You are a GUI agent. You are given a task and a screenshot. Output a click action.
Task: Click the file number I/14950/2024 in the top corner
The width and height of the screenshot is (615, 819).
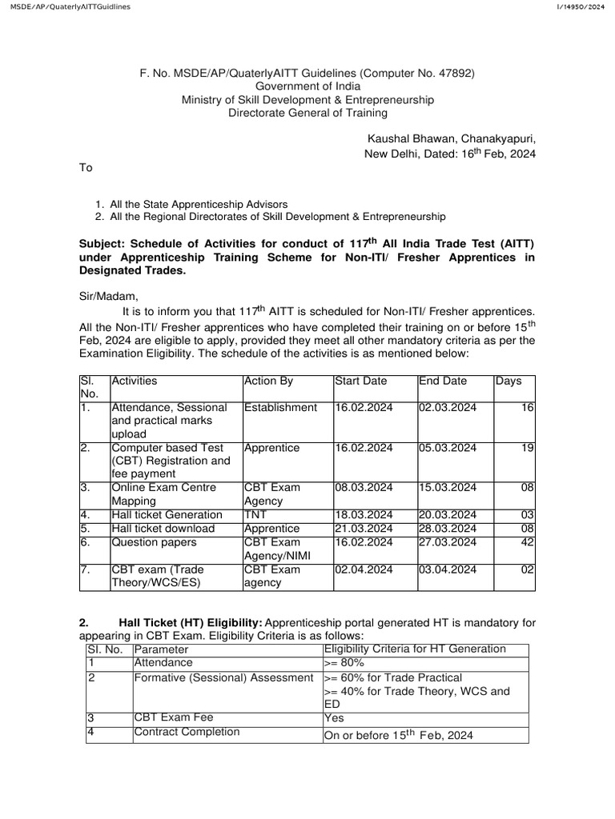(585, 6)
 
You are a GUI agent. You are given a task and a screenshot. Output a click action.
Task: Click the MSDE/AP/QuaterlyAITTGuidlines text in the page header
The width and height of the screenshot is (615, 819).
(66, 6)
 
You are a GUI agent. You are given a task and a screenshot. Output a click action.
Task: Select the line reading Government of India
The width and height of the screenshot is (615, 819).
(307, 86)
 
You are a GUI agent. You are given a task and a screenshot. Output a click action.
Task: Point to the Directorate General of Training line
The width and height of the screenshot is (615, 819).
(307, 113)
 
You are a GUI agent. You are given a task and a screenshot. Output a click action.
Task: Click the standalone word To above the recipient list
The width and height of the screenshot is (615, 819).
(86, 168)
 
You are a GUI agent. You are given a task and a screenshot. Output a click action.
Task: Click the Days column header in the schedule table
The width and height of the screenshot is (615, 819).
(508, 382)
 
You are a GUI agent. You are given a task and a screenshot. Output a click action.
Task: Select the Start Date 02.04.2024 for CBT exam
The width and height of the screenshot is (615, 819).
(364, 569)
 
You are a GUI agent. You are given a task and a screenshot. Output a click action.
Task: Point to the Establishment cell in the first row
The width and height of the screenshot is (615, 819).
(280, 408)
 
